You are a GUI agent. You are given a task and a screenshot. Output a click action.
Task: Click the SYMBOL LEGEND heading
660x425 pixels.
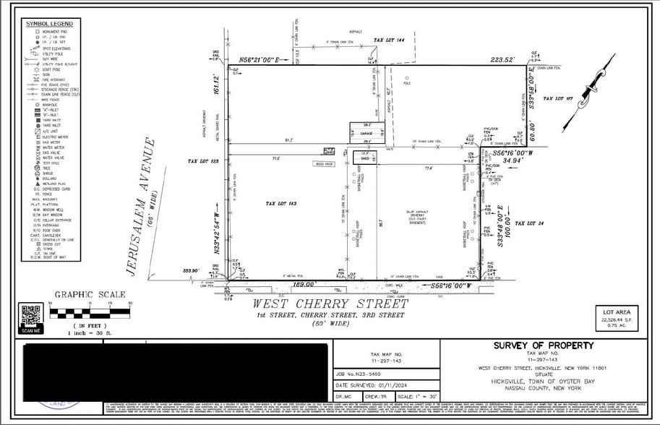click(x=49, y=23)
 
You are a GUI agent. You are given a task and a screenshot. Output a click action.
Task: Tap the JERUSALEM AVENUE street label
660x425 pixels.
click(x=142, y=207)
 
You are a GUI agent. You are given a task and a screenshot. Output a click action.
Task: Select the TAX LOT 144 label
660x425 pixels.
click(x=388, y=40)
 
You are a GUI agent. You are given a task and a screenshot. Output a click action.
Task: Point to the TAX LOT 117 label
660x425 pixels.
click(x=557, y=98)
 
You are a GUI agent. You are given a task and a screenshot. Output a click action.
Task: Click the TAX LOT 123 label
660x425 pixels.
click(x=203, y=161)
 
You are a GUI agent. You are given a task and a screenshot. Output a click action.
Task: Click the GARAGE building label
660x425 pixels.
click(x=367, y=133)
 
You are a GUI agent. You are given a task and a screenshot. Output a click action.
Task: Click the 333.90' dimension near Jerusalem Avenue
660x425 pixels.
click(x=191, y=271)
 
